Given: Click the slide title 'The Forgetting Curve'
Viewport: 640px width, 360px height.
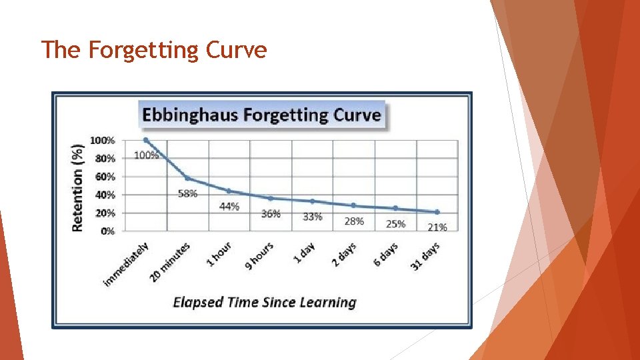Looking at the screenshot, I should point(154,50).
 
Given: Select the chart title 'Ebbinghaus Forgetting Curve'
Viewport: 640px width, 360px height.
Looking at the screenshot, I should point(261,115).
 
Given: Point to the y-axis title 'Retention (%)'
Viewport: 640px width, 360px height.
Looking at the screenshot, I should point(78,187).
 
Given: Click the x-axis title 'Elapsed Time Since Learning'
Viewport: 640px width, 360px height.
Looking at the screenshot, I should point(265,303).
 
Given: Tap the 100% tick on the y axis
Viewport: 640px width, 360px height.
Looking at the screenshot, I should point(102,141).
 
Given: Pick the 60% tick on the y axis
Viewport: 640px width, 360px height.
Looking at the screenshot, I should point(104,177).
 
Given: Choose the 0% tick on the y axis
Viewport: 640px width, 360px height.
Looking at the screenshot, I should point(107,231).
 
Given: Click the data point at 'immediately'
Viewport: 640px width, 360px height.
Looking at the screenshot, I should point(146,140).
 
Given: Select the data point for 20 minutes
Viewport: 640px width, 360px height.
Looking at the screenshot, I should point(187,178).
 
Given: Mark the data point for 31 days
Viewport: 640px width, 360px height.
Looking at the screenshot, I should point(437,212).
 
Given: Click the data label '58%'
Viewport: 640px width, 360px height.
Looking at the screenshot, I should point(188,194).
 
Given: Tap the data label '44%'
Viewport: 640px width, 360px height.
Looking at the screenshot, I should point(229,207).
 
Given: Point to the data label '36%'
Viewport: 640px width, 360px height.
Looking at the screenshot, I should point(271,214).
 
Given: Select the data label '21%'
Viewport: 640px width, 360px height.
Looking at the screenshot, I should point(437,227).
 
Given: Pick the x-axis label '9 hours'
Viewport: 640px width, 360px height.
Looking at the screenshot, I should point(259,257).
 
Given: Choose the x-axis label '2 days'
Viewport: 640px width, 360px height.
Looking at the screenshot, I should point(344,255).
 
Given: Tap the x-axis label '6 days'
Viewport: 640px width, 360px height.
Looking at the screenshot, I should point(385,255).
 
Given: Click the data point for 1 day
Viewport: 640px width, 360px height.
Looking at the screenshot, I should point(312,201).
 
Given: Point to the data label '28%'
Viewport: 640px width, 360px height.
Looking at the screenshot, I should point(354,221).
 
